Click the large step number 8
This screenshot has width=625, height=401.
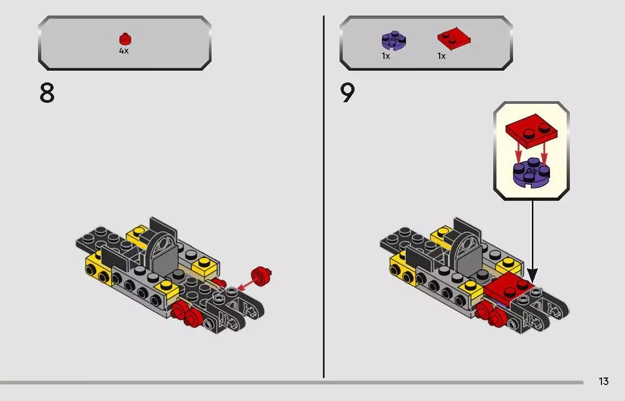click(47, 93)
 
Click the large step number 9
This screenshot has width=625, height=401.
click(347, 93)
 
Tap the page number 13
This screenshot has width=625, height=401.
click(604, 382)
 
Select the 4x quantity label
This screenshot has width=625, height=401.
click(124, 51)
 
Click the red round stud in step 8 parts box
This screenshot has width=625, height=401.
click(125, 39)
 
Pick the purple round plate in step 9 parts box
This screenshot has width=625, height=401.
click(394, 41)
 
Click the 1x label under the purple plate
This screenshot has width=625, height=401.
click(386, 56)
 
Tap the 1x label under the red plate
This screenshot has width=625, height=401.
click(441, 56)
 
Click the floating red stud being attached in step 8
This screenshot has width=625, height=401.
click(261, 276)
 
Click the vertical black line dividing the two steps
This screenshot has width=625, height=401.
click(323, 196)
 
